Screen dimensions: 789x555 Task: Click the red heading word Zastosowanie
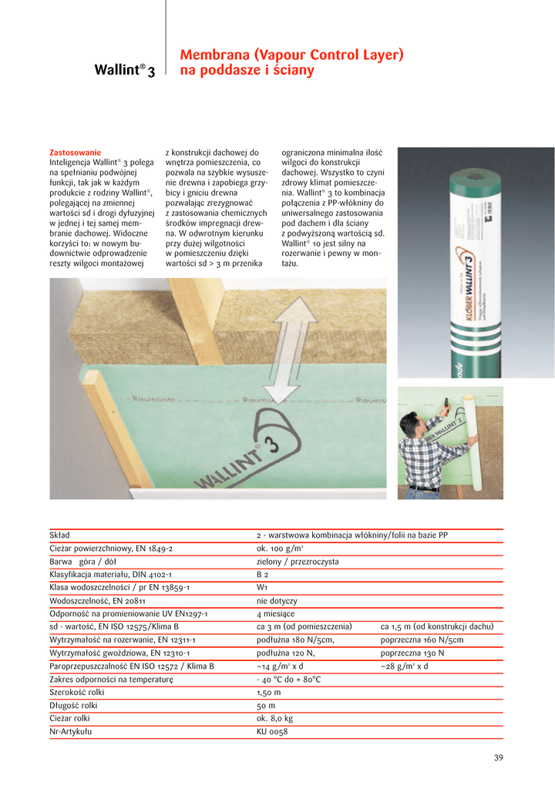(x=75, y=153)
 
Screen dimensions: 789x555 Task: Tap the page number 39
(x=498, y=758)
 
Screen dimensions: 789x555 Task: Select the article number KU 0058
(x=272, y=731)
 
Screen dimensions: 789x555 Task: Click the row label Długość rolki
(x=73, y=705)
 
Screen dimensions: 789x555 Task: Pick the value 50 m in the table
(x=266, y=705)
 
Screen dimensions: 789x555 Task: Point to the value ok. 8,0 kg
(x=274, y=718)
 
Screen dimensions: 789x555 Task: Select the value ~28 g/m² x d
(x=404, y=666)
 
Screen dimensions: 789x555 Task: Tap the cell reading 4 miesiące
(x=275, y=613)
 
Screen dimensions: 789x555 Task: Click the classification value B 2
(x=262, y=574)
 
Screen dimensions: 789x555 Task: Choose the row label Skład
(x=59, y=535)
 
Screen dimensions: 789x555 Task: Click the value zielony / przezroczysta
(x=298, y=561)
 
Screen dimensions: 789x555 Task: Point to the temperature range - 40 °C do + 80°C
(x=288, y=679)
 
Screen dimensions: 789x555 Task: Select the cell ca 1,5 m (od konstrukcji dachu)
(x=437, y=626)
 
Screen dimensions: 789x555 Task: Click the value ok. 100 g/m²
(x=280, y=548)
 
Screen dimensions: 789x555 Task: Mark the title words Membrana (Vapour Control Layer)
(x=291, y=55)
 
